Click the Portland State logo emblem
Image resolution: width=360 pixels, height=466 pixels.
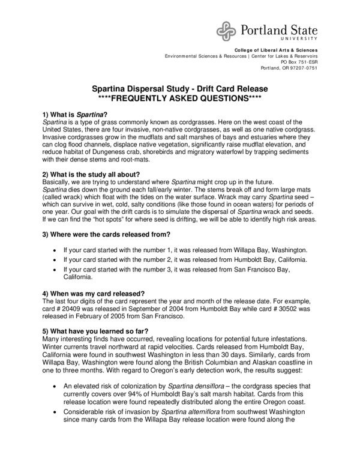227,29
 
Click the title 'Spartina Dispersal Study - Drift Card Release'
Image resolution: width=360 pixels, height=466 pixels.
180,88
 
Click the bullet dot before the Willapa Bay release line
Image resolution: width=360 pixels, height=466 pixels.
55,249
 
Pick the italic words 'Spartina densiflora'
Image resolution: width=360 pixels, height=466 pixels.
170,388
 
